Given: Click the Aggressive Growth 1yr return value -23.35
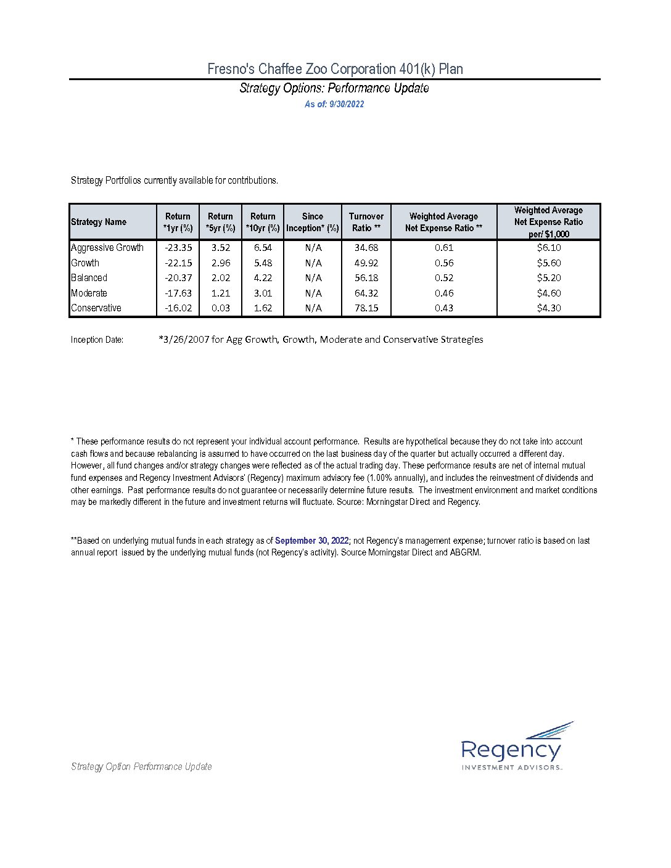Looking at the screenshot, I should coord(178,248).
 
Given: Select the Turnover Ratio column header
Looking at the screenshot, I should coord(366,222).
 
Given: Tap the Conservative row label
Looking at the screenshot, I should coord(96,308).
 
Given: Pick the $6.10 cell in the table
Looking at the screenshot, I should coord(548,248).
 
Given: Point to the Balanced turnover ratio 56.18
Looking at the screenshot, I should coord(366,278).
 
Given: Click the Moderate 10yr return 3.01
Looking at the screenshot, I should coord(263,293).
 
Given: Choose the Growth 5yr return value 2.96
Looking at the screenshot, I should coord(221,263).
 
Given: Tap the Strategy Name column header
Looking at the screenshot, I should coord(99,222).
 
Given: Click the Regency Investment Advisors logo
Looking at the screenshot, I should coord(516,747).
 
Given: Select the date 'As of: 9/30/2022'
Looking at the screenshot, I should coord(334,104).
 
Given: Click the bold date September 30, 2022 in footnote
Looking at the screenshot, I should coord(311,541).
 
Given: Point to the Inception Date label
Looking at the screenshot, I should coord(97,340).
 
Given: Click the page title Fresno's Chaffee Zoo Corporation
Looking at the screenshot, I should coord(335,69).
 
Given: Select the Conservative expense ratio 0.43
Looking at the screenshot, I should coord(443,308).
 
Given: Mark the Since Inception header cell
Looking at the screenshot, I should coord(313,222).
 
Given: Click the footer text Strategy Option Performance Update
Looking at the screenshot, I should coord(141,767).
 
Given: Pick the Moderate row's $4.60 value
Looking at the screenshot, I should coord(548,293).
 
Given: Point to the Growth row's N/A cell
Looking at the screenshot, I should coord(313,263).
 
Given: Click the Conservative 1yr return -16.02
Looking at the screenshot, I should coord(178,308).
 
